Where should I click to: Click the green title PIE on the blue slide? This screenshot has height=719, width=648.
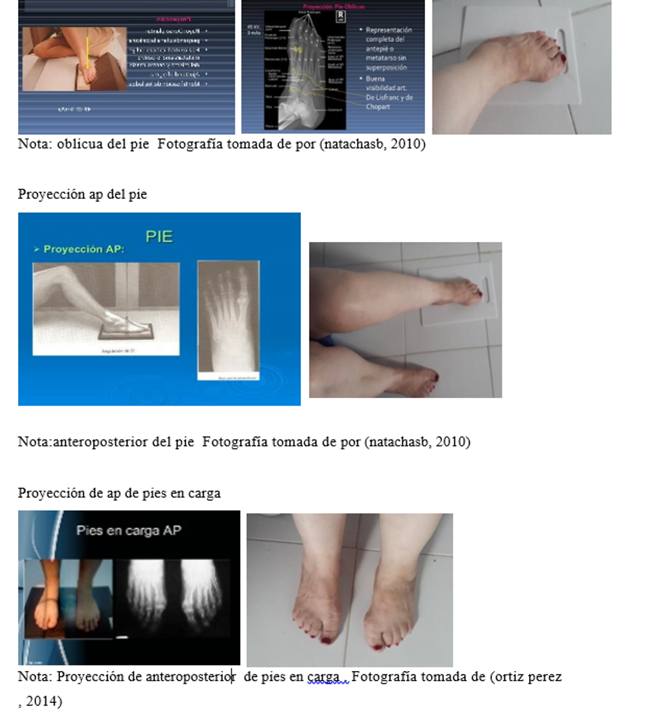159,236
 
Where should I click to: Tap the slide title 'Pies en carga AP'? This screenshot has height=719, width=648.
129,531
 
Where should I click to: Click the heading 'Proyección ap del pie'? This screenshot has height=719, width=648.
82,194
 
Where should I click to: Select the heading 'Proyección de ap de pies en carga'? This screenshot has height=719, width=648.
119,493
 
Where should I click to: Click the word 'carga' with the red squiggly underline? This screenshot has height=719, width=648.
323,677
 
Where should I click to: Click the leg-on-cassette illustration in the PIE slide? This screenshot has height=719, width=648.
106,308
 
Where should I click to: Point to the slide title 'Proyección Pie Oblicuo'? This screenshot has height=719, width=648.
333,6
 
